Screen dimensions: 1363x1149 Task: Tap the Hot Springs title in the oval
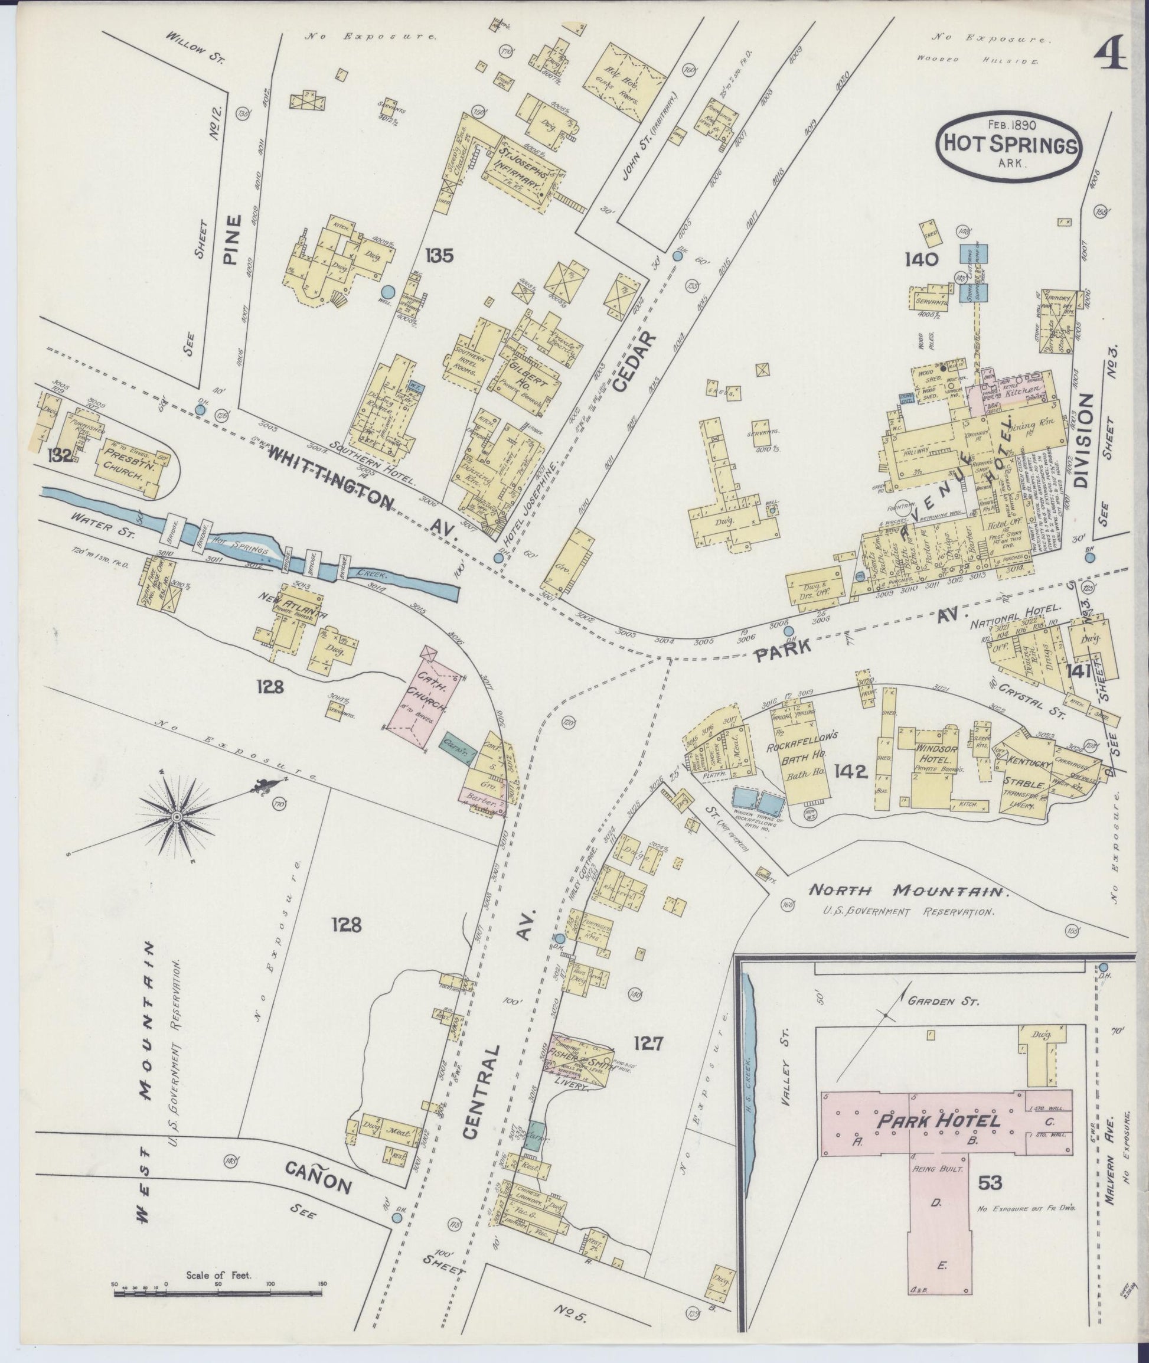(1008, 145)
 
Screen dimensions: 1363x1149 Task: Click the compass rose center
(176, 817)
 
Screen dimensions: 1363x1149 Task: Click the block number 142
(850, 772)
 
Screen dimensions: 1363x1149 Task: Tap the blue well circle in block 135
(387, 292)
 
